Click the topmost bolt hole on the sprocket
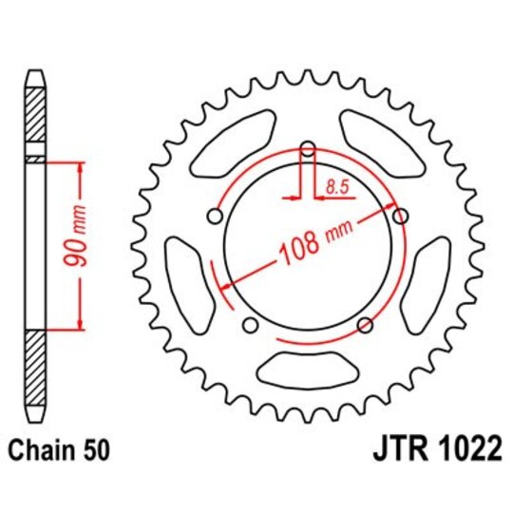[x=307, y=148]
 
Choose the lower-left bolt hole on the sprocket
[x=250, y=326]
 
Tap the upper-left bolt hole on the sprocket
[x=215, y=217]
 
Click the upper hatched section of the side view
[x=34, y=118]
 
